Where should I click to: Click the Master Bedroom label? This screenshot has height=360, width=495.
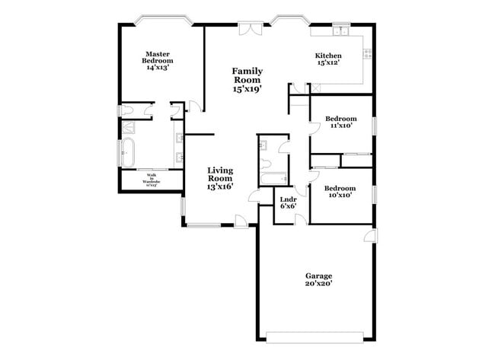(158, 61)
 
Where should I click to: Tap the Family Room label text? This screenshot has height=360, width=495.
(247, 80)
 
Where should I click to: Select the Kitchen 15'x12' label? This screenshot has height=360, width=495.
(328, 59)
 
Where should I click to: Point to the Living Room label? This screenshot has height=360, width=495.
(221, 178)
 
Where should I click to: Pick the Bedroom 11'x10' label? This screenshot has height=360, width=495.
(340, 123)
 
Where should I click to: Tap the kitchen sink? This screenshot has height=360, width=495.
(338, 32)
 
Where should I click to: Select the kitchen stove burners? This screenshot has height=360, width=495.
(368, 53)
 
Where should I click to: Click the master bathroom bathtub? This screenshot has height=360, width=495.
(126, 152)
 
